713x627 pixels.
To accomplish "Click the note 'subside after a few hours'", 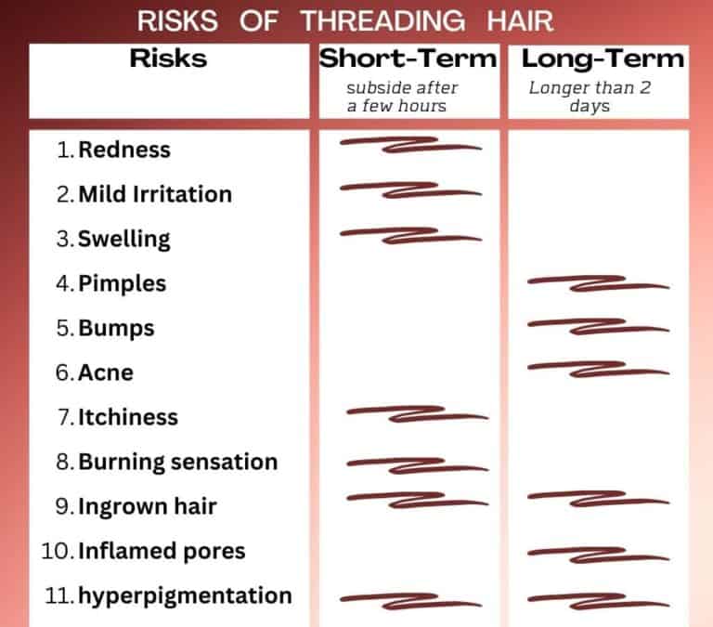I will [402, 97].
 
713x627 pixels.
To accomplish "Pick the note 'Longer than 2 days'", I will [589, 97].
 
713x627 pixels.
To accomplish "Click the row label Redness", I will [124, 150].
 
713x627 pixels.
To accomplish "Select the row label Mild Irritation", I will [154, 194].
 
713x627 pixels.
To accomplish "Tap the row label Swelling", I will [124, 239].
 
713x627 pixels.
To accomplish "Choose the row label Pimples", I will [123, 283].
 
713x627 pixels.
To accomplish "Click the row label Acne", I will [106, 372].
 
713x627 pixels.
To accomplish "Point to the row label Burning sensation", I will [177, 462].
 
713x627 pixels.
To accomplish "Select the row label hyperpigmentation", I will [185, 595].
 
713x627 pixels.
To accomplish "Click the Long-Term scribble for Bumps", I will [597, 326].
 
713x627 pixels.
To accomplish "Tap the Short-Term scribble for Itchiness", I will [415, 413].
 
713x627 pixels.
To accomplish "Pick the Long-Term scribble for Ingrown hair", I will [597, 499].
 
